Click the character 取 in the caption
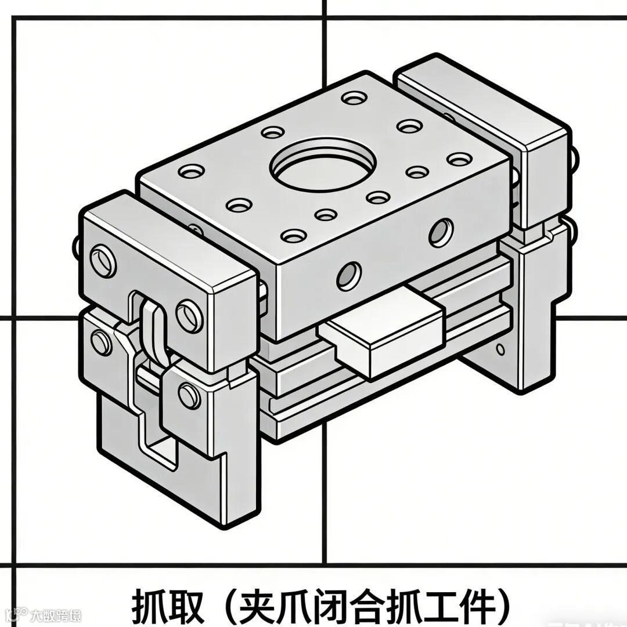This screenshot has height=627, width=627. [x=184, y=605]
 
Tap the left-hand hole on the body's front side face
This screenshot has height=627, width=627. [x=349, y=276]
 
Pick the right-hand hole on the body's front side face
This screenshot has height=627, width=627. [x=441, y=232]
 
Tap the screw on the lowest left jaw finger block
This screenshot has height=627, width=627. [x=189, y=396]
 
